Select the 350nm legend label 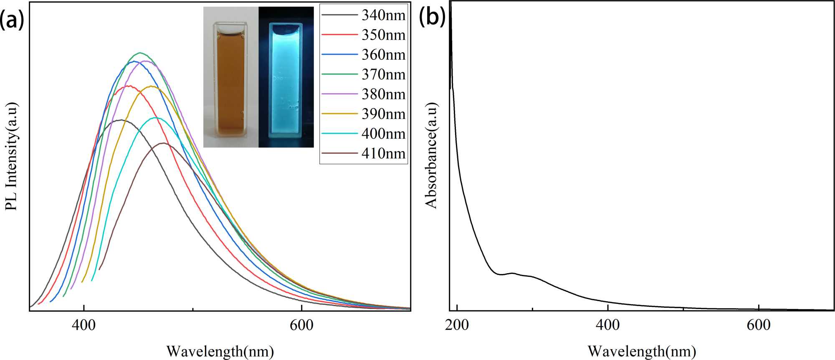tap(383, 35)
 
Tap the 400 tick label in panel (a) tap(83, 325)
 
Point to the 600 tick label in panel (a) tap(301, 325)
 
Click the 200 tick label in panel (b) tap(457, 325)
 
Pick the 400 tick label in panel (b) tap(608, 325)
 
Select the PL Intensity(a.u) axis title tap(11, 156)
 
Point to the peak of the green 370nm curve tap(140, 53)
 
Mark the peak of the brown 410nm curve tap(163, 143)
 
